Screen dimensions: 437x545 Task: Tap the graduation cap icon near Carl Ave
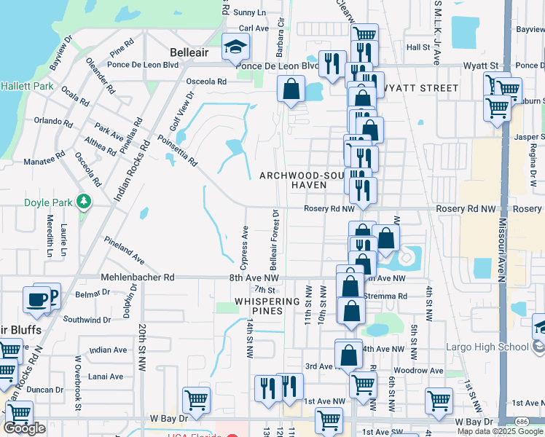point(235,48)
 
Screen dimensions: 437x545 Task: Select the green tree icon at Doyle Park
point(85,200)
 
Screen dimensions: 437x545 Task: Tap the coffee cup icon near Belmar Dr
point(36,299)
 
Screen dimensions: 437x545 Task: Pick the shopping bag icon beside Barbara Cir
point(291,90)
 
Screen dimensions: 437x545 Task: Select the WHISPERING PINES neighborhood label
point(268,306)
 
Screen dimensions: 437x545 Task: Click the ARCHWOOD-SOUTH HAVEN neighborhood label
point(304,181)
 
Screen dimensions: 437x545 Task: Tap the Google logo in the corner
point(25,428)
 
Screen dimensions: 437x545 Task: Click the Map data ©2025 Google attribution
point(500,431)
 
